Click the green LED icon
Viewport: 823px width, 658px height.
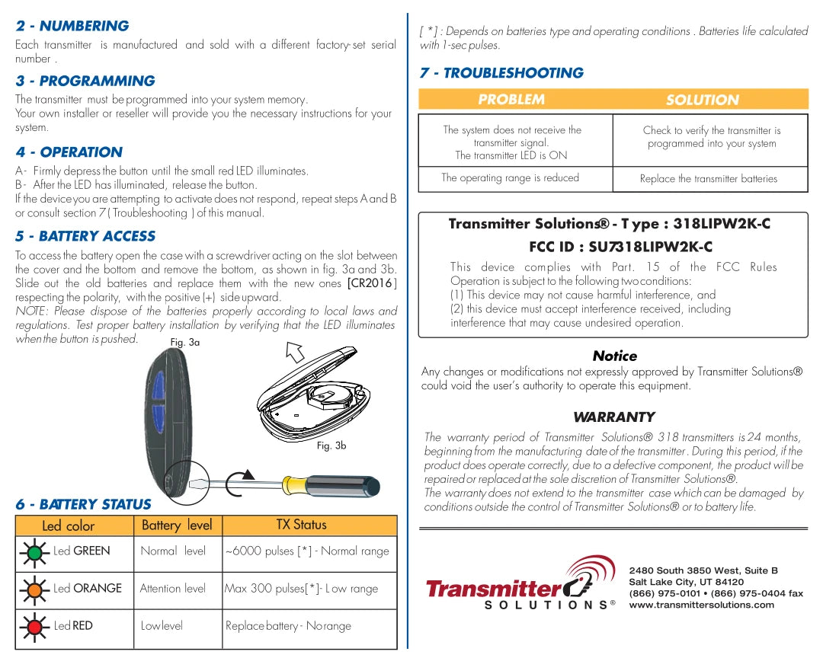(34, 551)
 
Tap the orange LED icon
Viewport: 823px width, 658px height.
(34, 589)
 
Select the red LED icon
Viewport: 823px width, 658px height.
(34, 626)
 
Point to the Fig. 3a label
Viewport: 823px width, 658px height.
(184, 343)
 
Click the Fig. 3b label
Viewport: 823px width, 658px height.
(331, 446)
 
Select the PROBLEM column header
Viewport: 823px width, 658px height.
(511, 100)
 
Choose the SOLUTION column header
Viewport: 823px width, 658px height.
(702, 100)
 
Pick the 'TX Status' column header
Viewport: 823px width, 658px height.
(301, 525)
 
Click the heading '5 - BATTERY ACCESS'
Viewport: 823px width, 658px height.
(85, 236)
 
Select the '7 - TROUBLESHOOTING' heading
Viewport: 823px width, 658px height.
(501, 73)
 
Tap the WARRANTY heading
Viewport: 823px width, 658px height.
(613, 417)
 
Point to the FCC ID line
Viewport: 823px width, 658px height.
(620, 247)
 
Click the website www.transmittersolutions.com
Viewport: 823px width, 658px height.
(701, 605)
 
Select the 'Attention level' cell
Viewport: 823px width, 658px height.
(173, 589)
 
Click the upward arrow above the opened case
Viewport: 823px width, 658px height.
(295, 353)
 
